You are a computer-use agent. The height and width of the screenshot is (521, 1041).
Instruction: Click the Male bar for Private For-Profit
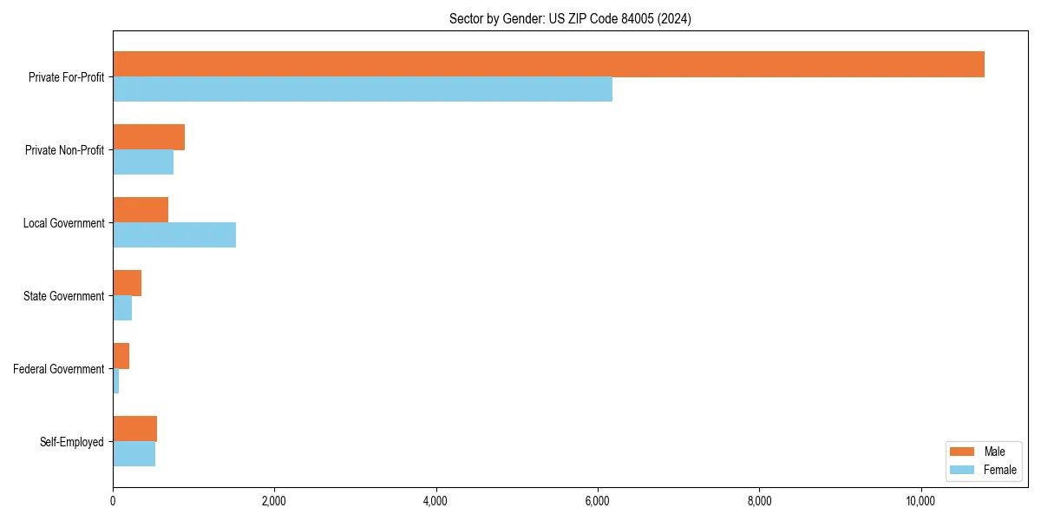pos(548,64)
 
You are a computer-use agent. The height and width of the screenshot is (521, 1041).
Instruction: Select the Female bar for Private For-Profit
pos(363,89)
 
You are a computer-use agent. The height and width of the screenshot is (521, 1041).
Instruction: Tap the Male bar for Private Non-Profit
pos(148,137)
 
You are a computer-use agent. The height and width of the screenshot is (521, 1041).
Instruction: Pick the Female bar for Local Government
pos(174,234)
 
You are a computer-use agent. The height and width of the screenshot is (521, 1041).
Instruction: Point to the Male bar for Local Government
pos(141,210)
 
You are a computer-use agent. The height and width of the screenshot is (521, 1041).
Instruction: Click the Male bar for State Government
pos(127,283)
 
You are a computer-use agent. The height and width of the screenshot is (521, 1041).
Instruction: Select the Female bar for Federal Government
pos(116,380)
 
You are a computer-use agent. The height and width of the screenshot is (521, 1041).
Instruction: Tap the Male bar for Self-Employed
pos(134,429)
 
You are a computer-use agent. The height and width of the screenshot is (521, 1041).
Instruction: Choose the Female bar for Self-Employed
pos(134,453)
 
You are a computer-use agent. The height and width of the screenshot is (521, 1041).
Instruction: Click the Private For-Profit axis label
pos(66,77)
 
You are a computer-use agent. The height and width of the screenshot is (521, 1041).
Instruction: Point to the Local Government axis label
pos(63,223)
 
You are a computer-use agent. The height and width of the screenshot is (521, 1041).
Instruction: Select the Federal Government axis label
pos(58,369)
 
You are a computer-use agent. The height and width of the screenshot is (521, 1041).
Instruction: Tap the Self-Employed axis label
pos(71,442)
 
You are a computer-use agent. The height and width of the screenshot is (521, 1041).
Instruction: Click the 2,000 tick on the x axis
pos(274,500)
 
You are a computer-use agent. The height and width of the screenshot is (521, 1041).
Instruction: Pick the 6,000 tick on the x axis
pos(597,500)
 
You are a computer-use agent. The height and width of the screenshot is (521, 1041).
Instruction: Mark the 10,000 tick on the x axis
pos(920,500)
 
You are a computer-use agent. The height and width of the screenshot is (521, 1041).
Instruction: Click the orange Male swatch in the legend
pos(962,452)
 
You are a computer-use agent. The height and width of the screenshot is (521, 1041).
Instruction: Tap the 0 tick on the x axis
pos(113,500)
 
